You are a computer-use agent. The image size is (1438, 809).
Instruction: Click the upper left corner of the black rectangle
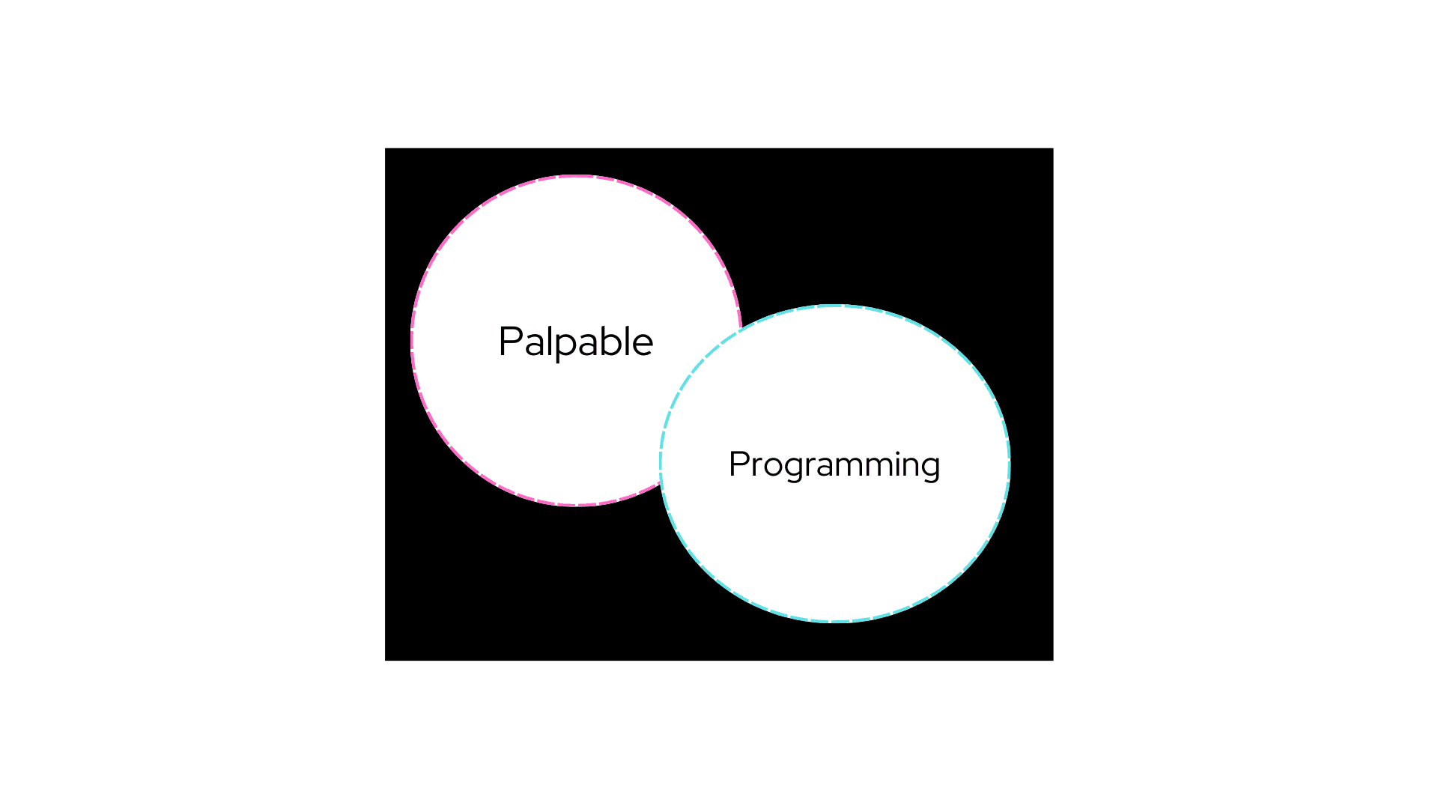(385, 148)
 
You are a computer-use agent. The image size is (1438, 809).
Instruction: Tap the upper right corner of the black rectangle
(1053, 148)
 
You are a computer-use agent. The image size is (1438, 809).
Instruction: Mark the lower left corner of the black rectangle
(385, 661)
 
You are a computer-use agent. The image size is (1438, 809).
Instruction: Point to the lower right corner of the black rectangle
(1053, 661)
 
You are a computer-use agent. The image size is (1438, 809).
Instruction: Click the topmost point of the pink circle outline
(577, 176)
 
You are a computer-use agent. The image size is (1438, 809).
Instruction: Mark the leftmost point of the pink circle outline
(411, 341)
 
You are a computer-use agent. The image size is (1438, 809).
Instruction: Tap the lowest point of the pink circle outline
(577, 506)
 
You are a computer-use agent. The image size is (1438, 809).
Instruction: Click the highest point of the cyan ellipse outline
(835, 306)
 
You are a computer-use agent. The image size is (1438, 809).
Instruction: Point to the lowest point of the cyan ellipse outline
(835, 622)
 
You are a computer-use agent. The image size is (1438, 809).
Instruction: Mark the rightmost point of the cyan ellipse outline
(1010, 464)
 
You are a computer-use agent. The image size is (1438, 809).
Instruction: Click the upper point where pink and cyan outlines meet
(740, 330)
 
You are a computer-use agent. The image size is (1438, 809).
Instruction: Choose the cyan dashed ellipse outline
(1010, 464)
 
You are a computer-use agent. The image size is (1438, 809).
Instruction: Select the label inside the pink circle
(576, 342)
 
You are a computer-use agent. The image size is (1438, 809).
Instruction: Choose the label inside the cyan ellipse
(834, 465)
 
